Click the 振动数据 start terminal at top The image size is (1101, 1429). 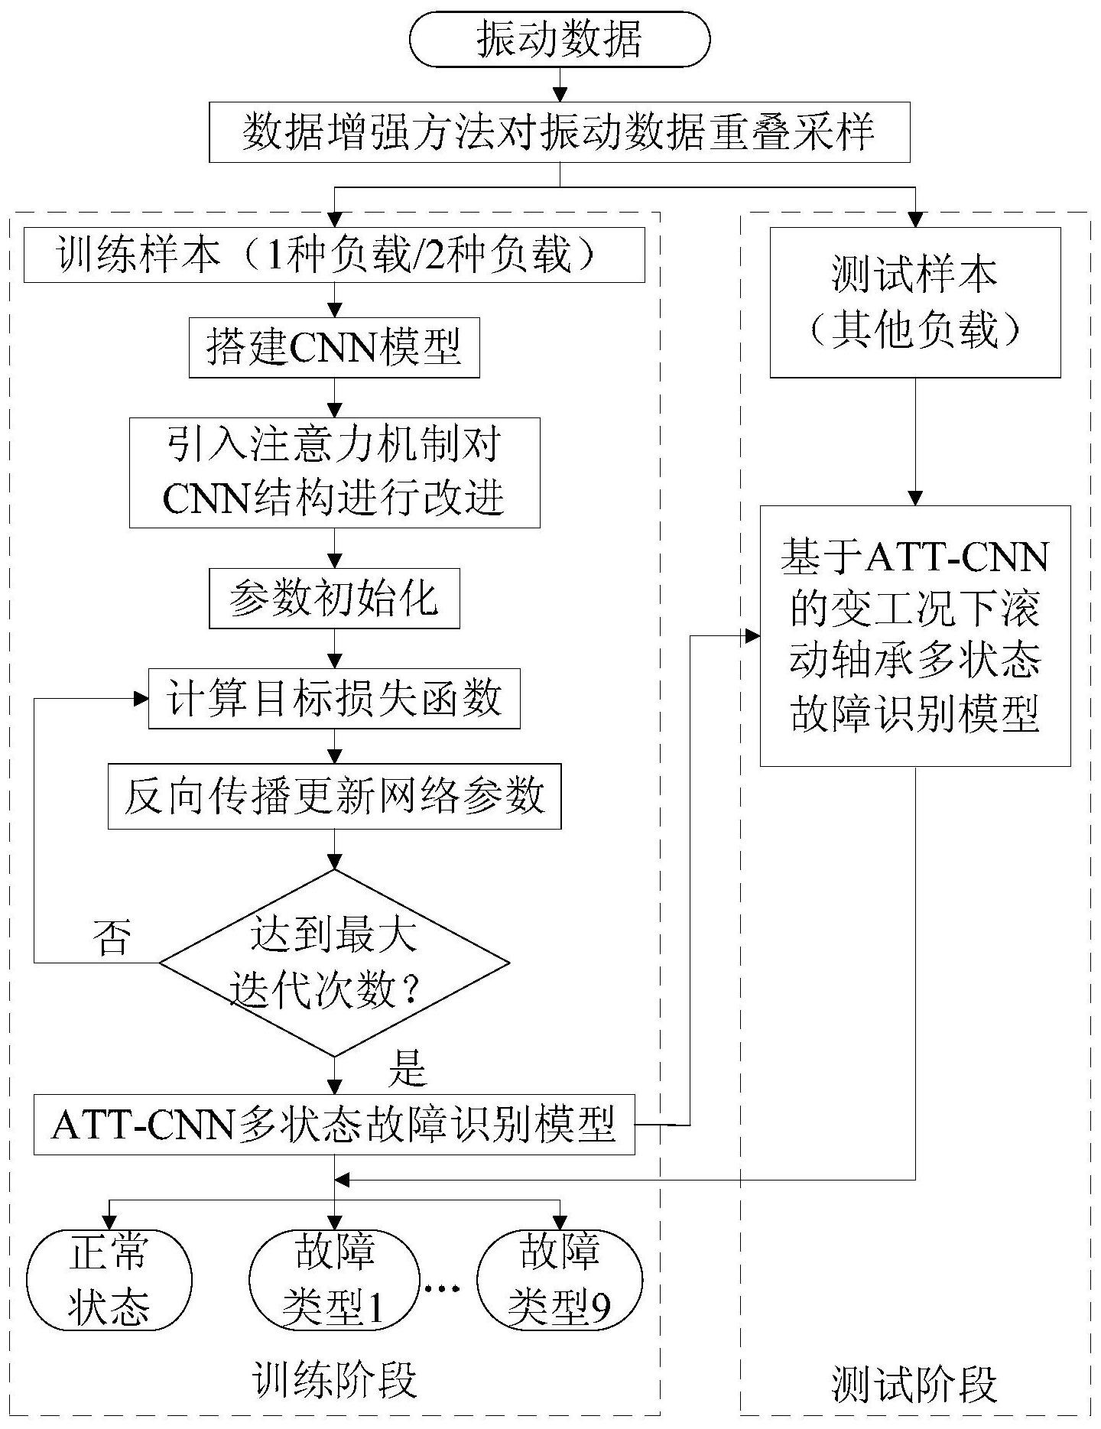(x=560, y=39)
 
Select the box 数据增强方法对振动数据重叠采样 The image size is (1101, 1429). (x=559, y=133)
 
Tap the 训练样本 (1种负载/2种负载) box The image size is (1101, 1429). (x=334, y=255)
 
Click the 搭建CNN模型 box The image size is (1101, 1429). (x=334, y=348)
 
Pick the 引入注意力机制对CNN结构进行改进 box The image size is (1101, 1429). (x=334, y=473)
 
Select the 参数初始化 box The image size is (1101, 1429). (x=334, y=598)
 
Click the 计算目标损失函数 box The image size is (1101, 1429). (x=334, y=698)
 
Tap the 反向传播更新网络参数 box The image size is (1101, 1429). (x=334, y=796)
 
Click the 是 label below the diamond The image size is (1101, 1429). (x=407, y=1069)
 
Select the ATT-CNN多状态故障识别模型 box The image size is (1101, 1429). (x=334, y=1125)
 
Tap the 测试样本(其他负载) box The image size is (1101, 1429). (x=914, y=302)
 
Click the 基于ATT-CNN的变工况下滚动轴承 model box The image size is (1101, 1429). (x=914, y=635)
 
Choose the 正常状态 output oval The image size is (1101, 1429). (x=109, y=1279)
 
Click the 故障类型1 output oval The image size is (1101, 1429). (x=334, y=1279)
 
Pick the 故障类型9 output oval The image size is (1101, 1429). (x=560, y=1279)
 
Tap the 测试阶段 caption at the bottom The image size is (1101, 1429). (x=914, y=1385)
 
